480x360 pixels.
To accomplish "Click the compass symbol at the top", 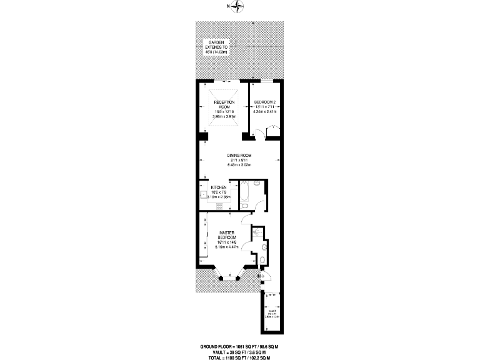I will [x=239, y=7].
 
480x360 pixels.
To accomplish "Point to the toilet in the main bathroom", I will [x=246, y=205].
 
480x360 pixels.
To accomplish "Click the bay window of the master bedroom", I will [x=231, y=276].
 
